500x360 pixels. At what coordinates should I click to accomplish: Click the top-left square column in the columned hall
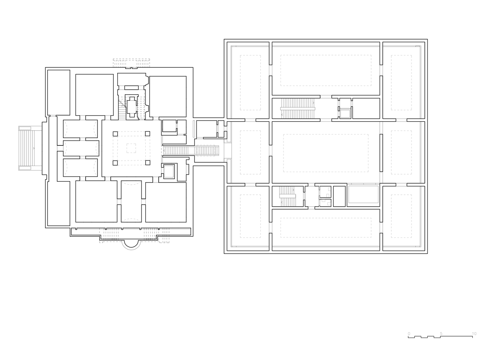(115, 134)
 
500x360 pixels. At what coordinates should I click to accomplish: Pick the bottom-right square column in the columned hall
(148, 163)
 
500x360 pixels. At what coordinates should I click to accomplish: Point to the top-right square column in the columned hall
(148, 134)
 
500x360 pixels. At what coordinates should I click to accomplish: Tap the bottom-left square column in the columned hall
(115, 163)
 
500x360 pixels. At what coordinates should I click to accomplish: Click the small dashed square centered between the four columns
(131, 148)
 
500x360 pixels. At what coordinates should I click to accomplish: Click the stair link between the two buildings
(191, 150)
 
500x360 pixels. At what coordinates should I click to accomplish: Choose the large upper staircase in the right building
(297, 108)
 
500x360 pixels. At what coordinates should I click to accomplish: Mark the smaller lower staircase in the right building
(287, 196)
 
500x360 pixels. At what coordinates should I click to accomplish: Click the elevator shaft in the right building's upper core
(345, 114)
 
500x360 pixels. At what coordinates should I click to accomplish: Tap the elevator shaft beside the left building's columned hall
(169, 171)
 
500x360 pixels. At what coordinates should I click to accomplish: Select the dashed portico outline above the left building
(131, 63)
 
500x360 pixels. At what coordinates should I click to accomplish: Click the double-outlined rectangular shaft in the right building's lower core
(363, 194)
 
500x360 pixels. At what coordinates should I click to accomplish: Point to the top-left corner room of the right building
(248, 80)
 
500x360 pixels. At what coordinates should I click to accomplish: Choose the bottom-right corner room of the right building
(404, 219)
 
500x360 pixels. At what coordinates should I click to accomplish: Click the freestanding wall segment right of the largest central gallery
(381, 153)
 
